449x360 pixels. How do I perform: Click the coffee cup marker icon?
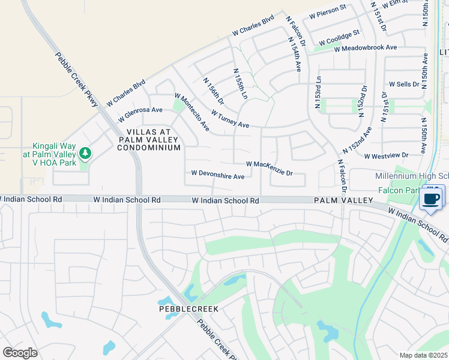[x=432, y=198]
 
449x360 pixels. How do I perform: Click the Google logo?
[x=20, y=353]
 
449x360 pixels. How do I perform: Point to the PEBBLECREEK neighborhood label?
[x=188, y=308]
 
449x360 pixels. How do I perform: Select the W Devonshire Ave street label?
[x=217, y=176]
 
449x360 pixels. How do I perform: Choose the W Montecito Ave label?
[x=192, y=112]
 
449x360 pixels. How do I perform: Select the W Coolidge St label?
[x=339, y=37]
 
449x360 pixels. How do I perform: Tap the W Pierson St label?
[x=328, y=8]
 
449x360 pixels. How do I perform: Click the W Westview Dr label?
[x=386, y=155]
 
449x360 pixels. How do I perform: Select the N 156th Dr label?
[x=213, y=91]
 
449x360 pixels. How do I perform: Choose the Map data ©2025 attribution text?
[x=423, y=355]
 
